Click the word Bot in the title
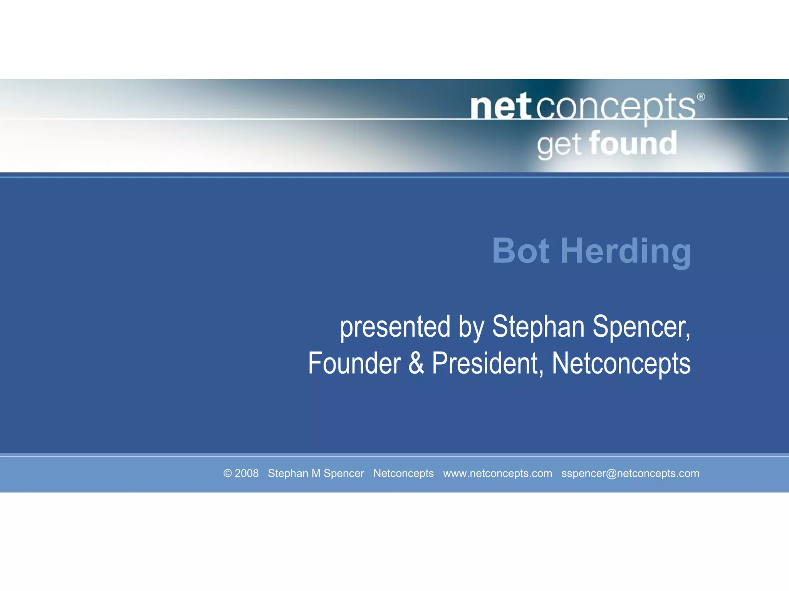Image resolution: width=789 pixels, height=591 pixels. [520, 251]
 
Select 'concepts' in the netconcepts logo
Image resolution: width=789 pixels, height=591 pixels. [616, 107]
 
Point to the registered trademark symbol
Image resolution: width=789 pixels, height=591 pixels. [701, 97]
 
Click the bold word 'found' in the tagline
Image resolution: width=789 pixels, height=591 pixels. [633, 143]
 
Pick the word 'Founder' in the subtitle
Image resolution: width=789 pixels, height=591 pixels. [354, 363]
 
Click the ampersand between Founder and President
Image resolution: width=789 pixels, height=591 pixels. [416, 363]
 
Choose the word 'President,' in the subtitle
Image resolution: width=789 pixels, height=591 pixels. [488, 363]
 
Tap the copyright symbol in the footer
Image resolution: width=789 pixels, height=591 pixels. [228, 473]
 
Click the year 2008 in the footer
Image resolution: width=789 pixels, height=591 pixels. [247, 473]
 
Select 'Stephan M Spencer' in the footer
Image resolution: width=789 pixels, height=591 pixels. [316, 473]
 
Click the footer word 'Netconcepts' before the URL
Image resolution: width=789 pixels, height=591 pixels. [403, 473]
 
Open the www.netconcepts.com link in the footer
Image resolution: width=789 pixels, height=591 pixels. [497, 473]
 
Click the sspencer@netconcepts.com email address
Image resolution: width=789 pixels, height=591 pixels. [630, 473]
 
